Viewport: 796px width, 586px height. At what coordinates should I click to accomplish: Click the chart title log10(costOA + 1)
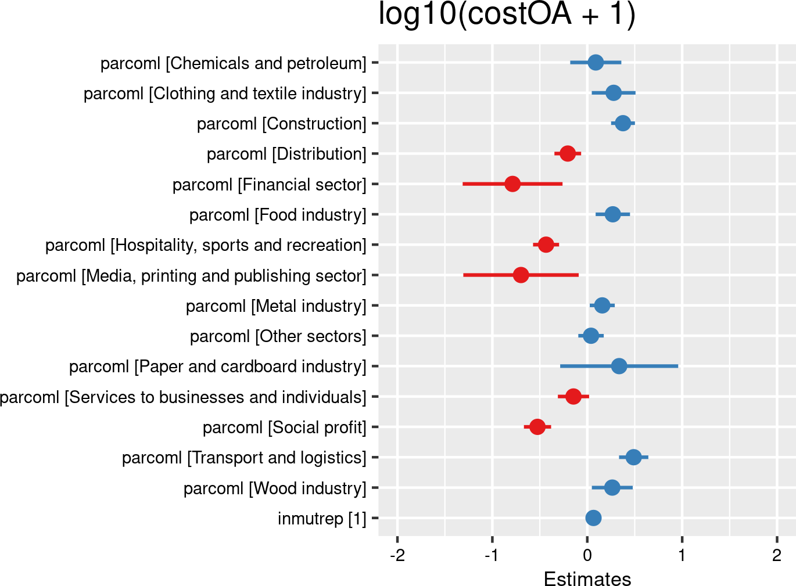click(x=507, y=14)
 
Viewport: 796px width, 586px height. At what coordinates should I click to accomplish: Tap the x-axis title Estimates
click(x=587, y=578)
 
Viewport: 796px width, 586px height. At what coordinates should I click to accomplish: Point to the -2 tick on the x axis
click(x=397, y=555)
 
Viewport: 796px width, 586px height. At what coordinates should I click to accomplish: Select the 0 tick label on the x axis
click(x=587, y=555)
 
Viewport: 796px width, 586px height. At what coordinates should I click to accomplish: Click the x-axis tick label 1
click(x=682, y=555)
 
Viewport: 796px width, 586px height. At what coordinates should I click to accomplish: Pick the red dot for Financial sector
click(x=512, y=184)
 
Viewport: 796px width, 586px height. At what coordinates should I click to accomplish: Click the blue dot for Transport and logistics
click(x=633, y=457)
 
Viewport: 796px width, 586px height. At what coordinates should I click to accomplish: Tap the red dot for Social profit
click(x=537, y=427)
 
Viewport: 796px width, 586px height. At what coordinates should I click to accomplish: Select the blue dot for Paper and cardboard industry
click(x=619, y=366)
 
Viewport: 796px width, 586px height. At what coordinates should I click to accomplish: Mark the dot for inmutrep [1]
click(x=593, y=518)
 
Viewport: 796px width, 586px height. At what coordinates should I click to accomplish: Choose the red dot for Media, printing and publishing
click(x=521, y=275)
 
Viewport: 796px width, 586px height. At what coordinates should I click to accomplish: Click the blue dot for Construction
click(x=623, y=123)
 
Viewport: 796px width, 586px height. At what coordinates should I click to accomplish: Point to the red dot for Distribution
click(x=568, y=153)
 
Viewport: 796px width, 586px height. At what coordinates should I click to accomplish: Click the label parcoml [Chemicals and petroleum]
click(x=233, y=63)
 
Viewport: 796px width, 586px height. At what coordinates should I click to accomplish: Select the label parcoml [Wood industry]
click(x=275, y=488)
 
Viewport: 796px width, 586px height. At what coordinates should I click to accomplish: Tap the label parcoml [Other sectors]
click(x=278, y=336)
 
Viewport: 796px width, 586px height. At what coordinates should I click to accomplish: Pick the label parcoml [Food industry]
click(x=278, y=215)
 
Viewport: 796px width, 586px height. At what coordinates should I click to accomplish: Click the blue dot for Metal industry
click(x=602, y=305)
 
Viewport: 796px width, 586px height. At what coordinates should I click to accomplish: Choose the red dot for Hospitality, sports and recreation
click(x=546, y=245)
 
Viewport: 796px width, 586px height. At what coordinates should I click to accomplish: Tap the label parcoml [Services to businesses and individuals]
click(x=183, y=397)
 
